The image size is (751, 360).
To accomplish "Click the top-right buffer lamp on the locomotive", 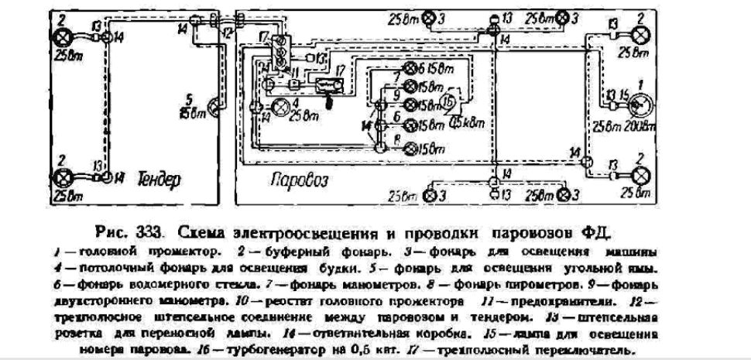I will coord(641,36).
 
